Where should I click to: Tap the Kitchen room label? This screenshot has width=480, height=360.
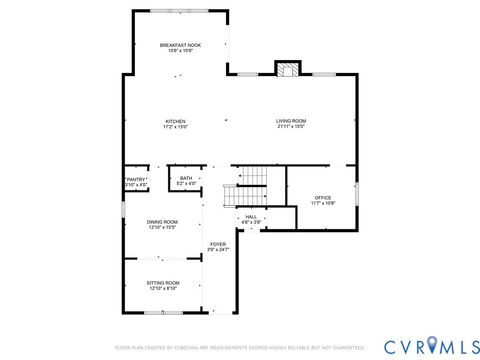click(x=175, y=121)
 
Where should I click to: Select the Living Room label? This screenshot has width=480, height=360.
click(x=291, y=121)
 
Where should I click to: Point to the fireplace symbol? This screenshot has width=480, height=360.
click(x=288, y=69)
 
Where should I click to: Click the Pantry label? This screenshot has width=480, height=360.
click(x=136, y=180)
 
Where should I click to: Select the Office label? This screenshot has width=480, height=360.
click(x=323, y=197)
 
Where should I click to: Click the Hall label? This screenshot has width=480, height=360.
click(x=251, y=215)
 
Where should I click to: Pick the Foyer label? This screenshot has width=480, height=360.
click(x=218, y=244)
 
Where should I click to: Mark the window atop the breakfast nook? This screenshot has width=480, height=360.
click(x=180, y=11)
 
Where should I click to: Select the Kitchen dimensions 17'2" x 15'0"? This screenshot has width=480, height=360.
click(x=175, y=127)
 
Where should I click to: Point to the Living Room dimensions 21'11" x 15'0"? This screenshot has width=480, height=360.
click(x=291, y=127)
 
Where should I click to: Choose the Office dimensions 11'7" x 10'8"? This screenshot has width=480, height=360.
click(x=323, y=203)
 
